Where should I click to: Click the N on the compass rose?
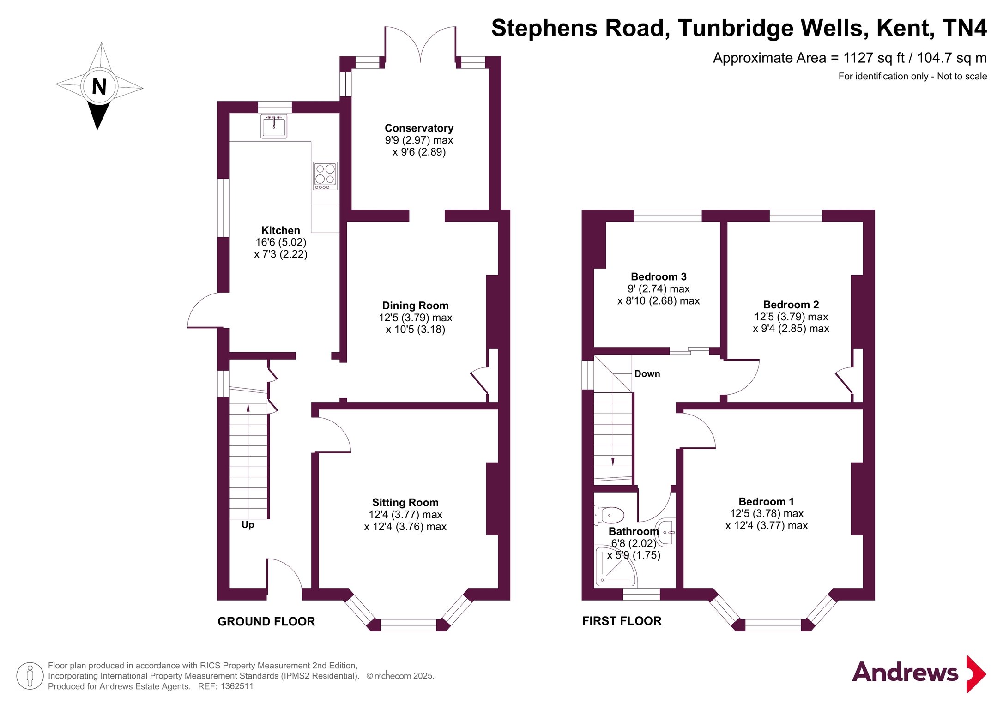click(99, 87)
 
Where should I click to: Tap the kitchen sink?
click(274, 126)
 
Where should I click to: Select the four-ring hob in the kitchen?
click(325, 176)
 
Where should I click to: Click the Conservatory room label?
click(419, 128)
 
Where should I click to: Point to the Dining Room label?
click(415, 306)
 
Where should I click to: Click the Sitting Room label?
click(405, 502)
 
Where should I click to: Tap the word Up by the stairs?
click(248, 525)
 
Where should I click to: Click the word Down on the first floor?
click(647, 374)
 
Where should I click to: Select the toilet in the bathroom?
click(609, 515)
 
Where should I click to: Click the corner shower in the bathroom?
click(616, 566)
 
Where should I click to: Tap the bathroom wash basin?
click(666, 533)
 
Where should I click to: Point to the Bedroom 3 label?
click(659, 277)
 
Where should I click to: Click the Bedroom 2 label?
click(791, 305)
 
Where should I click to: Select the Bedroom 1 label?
click(766, 502)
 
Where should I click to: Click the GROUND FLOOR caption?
click(266, 621)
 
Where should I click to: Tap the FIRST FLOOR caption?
click(622, 621)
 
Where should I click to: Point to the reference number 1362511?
click(237, 686)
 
